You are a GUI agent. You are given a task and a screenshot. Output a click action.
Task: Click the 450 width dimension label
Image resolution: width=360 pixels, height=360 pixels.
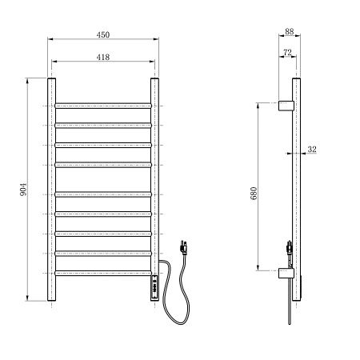103,34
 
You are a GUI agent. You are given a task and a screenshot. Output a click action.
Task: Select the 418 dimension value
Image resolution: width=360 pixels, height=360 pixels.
103,57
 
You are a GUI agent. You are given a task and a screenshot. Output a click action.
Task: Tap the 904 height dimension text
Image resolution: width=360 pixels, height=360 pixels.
23,190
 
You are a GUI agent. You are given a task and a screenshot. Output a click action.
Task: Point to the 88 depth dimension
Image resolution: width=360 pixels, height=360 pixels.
289,33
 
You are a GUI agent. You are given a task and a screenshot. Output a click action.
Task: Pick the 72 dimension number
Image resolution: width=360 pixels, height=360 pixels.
286,53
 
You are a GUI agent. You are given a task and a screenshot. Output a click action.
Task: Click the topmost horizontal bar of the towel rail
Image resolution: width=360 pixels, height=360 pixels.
103,105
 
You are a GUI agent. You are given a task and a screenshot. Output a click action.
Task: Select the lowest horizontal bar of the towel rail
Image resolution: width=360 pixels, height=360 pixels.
103,273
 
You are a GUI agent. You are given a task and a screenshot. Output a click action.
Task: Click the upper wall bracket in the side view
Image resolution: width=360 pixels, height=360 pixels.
286,105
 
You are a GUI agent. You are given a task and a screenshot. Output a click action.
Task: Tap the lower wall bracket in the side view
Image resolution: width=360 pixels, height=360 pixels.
286,273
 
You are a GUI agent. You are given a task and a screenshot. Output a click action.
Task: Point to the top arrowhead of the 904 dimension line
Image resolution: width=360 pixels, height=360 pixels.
31,81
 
